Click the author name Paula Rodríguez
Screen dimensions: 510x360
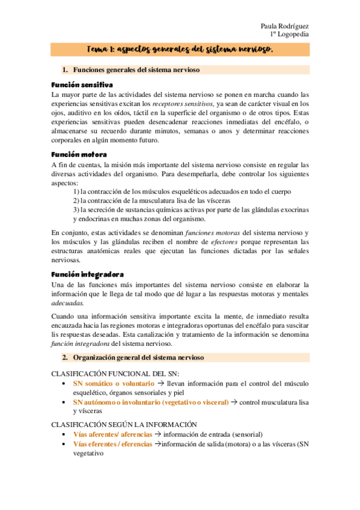point(284,26)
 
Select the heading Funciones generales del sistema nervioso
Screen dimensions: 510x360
point(136,70)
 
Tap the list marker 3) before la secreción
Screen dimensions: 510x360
point(76,210)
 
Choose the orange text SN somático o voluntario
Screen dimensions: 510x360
point(112,382)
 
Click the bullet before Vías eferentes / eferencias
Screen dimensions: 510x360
point(64,444)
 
